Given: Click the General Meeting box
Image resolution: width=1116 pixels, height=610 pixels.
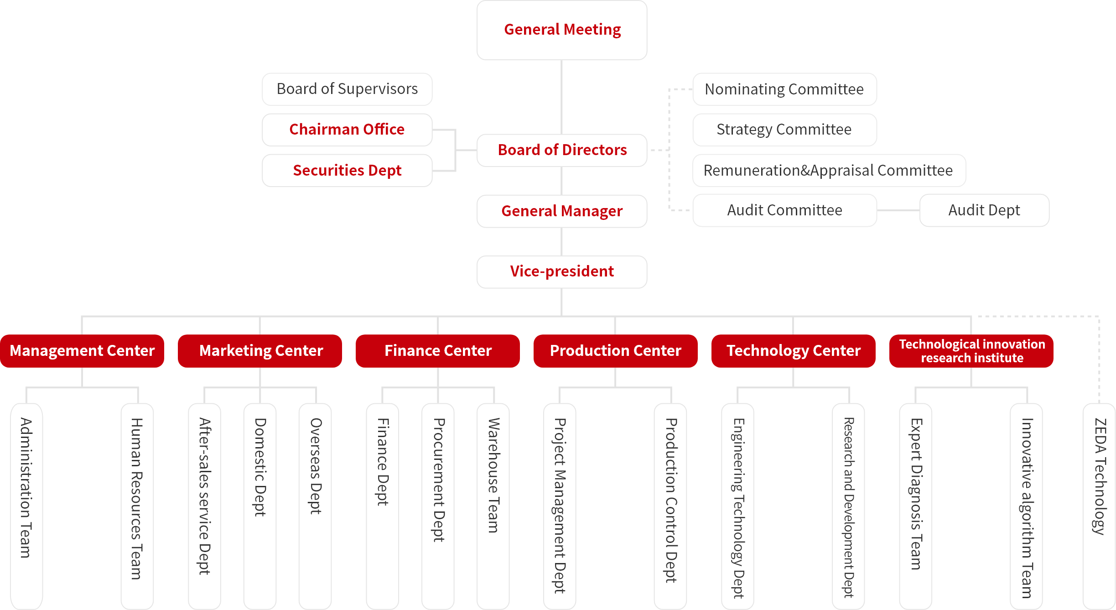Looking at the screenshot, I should tap(562, 30).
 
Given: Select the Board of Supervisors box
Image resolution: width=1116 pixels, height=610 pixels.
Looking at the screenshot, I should tap(347, 89).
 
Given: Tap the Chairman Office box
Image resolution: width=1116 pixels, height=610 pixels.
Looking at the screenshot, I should tap(347, 130).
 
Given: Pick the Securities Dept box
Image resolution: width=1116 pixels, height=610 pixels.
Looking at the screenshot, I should tap(347, 170).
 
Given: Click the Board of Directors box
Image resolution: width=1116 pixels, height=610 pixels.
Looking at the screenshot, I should tap(562, 150).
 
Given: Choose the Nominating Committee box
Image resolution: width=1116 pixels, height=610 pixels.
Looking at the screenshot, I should tap(784, 89).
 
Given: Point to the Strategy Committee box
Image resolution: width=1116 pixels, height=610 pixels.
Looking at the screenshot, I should tap(784, 130).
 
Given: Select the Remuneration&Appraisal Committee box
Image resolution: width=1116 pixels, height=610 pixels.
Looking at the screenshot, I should tap(829, 170).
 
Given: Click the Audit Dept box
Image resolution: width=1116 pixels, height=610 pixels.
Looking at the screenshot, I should tap(984, 210).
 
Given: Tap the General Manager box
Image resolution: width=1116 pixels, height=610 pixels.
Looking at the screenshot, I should tap(562, 211).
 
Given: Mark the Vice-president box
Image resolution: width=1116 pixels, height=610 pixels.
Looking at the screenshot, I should tap(562, 271).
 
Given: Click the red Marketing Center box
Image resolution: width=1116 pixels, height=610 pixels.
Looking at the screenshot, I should tap(260, 351).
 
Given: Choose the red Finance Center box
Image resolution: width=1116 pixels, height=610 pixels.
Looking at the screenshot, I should tap(438, 351).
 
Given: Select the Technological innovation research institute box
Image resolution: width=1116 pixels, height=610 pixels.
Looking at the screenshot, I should tap(971, 351).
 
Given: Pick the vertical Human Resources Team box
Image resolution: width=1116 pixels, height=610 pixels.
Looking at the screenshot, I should tap(137, 502).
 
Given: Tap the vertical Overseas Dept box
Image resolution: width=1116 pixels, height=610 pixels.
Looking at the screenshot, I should tap(315, 502).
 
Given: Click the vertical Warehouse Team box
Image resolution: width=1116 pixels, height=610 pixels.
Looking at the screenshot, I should tap(493, 502).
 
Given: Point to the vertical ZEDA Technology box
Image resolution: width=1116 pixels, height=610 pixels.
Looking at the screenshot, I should tap(1099, 502).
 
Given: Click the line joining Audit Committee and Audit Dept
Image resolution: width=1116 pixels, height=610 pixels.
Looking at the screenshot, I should tap(898, 210).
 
